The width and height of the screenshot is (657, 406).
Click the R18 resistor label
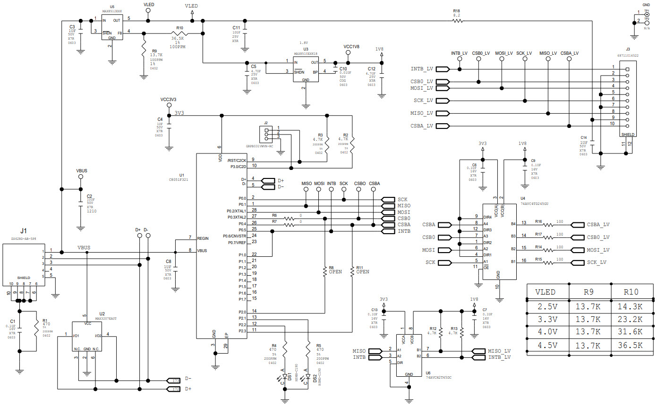pyautogui.click(x=456, y=10)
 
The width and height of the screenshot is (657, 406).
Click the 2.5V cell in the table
pyautogui.click(x=547, y=306)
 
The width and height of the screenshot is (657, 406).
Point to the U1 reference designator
pyautogui.click(x=182, y=175)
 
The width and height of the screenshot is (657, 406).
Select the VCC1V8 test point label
pyautogui.click(x=351, y=47)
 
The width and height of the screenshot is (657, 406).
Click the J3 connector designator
pyautogui.click(x=628, y=49)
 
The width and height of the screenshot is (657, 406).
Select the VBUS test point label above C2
pyautogui.click(x=81, y=170)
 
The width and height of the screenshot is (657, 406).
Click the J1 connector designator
pyautogui.click(x=23, y=230)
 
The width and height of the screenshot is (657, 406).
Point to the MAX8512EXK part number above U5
pyautogui.click(x=112, y=10)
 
